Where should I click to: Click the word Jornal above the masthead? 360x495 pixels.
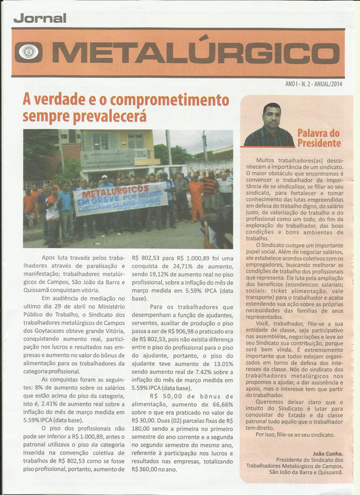(x=40, y=18)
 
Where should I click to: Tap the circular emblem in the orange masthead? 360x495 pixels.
(x=28, y=52)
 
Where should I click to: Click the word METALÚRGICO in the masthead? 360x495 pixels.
(x=191, y=53)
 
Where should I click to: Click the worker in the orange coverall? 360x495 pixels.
(x=196, y=197)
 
